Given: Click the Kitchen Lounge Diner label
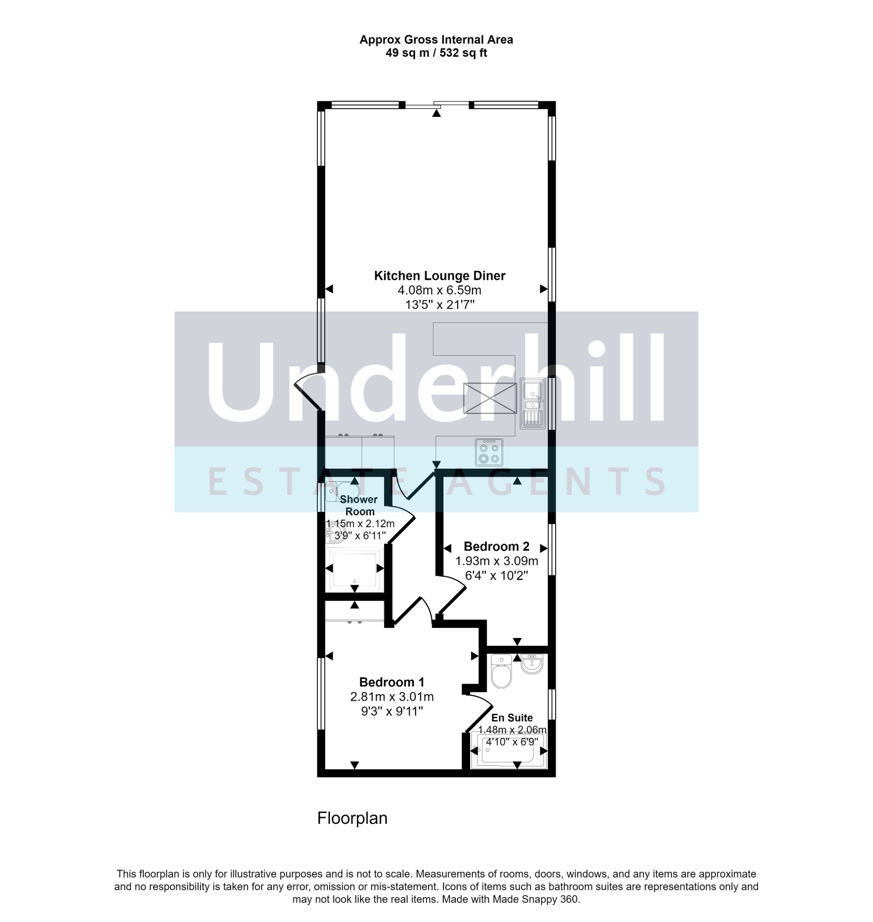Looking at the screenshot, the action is (x=439, y=276).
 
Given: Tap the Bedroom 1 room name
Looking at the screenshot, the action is (x=392, y=682).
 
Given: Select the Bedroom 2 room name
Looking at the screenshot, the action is (x=497, y=547).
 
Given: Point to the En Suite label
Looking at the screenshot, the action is (x=512, y=718).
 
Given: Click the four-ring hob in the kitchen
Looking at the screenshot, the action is (x=489, y=452).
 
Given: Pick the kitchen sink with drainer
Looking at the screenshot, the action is (x=532, y=403).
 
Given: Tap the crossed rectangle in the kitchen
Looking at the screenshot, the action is (x=490, y=398).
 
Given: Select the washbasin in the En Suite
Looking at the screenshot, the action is (x=532, y=664).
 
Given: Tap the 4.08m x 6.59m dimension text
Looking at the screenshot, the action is (x=439, y=290).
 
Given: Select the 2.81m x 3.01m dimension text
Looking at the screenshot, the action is (x=392, y=697).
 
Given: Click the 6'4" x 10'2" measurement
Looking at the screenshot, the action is (x=497, y=576).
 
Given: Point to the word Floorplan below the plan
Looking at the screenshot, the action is (x=352, y=818).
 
